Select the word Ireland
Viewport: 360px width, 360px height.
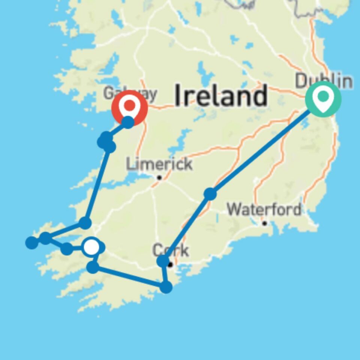pos(221,95)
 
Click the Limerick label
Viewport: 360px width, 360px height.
pos(159,164)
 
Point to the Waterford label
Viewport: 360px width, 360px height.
pos(264,209)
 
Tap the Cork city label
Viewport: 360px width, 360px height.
pos(171,250)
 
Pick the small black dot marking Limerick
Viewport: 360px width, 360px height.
pos(159,177)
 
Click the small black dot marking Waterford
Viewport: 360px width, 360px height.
pos(264,223)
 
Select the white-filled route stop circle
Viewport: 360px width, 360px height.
pos(91,247)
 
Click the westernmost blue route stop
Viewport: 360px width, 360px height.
pos(32,243)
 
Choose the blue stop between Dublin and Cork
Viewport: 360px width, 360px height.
pos(210,194)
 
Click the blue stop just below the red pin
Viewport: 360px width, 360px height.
pos(128,122)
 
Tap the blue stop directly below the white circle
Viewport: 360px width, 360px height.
pos(93,267)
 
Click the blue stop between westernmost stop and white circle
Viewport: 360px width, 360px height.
pos(66,248)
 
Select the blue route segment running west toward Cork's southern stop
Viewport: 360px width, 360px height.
pos(129,277)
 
